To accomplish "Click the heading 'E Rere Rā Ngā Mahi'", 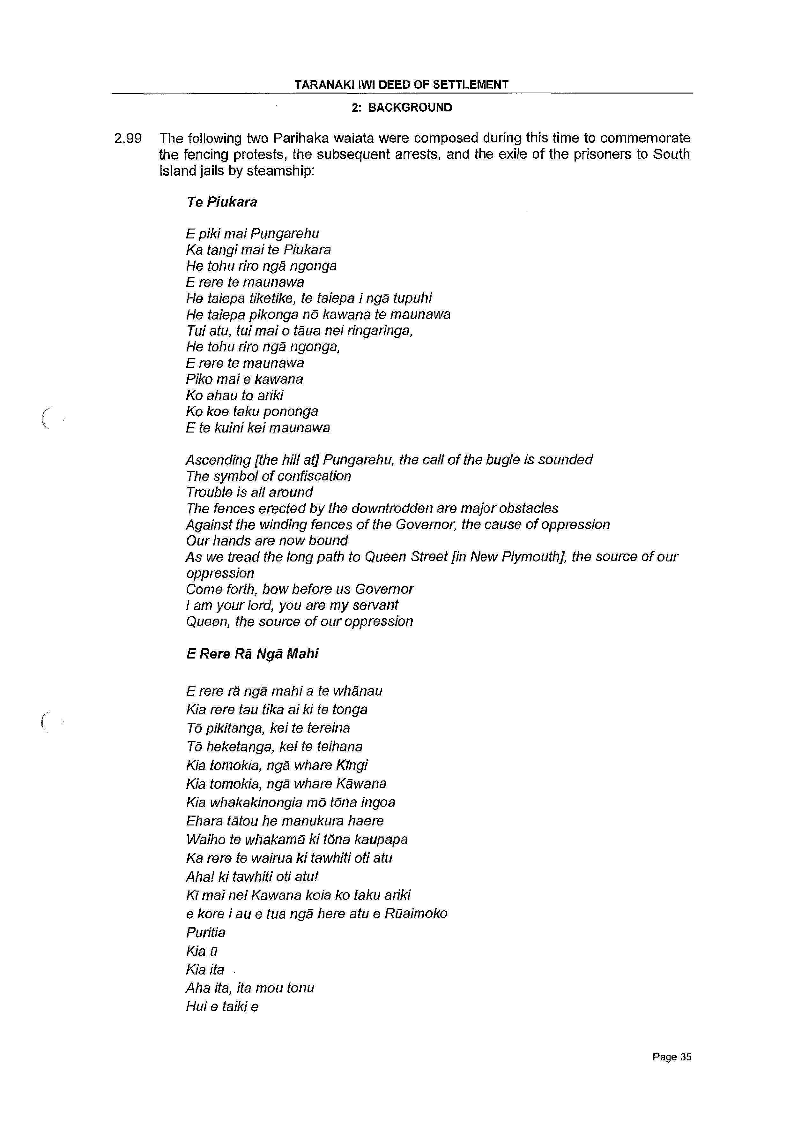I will [x=252, y=654].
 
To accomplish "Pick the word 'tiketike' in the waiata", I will [x=272, y=298].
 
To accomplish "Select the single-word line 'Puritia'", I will [x=205, y=932].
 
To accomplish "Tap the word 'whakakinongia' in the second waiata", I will [x=254, y=802].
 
